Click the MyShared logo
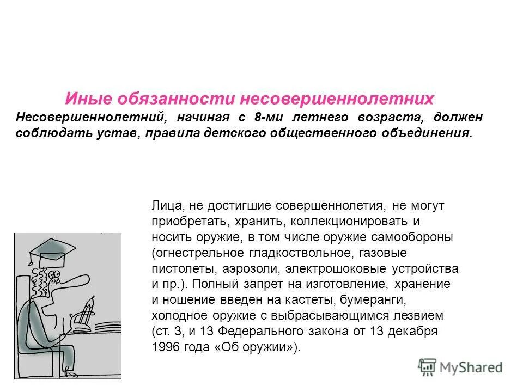coord(460,366)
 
